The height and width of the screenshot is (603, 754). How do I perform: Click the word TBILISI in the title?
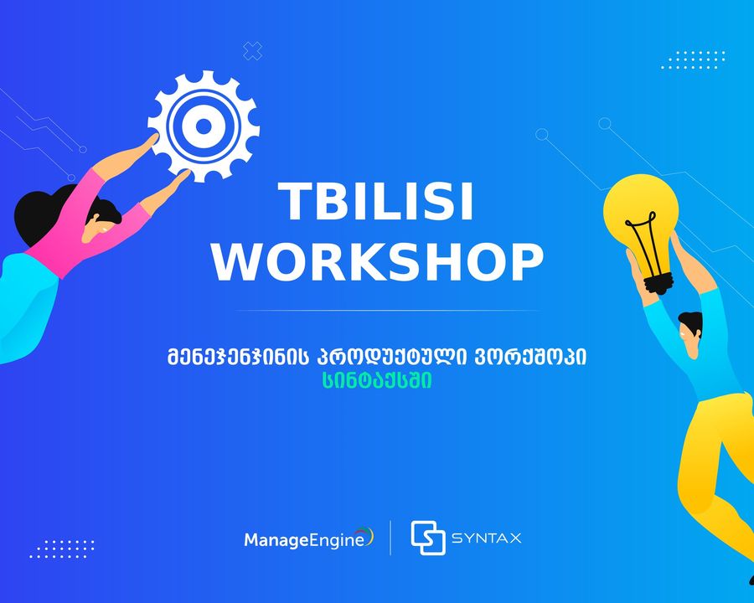pos(376,202)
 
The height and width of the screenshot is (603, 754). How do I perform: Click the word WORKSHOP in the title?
pos(378,262)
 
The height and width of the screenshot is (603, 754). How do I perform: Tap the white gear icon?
pos(204,126)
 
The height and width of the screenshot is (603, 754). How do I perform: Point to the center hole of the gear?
pos(204,126)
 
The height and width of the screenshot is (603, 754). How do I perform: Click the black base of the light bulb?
pos(658,283)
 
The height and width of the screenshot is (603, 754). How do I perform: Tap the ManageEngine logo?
pos(308,539)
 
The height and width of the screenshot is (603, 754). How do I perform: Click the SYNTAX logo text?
pos(486,538)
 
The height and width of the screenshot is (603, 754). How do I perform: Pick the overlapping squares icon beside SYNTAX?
pos(427,538)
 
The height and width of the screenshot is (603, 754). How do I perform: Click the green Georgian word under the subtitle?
pos(378,380)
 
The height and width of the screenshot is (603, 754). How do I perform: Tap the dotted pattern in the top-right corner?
pos(693,59)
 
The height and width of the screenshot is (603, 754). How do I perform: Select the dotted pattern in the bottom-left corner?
pos(62,549)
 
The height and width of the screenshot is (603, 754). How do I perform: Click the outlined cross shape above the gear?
pos(252,51)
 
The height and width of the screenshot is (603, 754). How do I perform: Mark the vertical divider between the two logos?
pos(390,538)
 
